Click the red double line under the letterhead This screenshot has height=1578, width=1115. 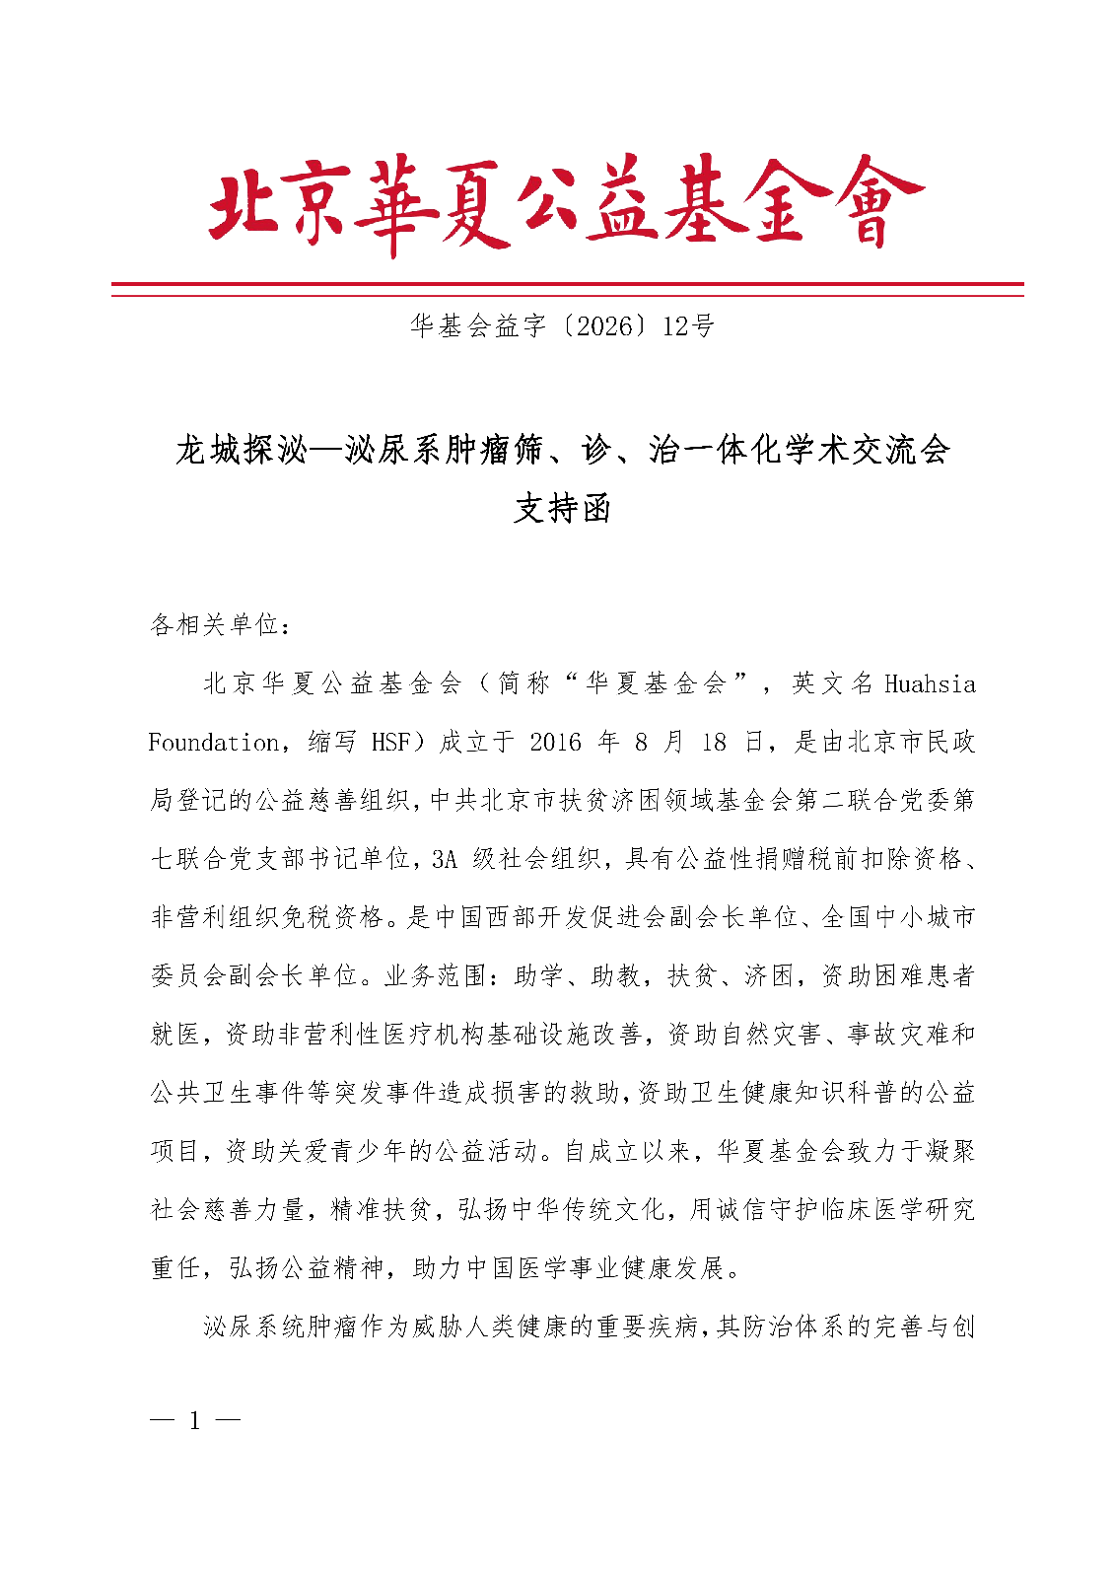pos(567,288)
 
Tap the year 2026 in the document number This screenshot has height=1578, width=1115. pos(603,326)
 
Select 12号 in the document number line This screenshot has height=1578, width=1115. pos(688,326)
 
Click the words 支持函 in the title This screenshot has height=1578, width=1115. pos(563,509)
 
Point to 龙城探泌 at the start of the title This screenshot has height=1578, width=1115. pos(241,451)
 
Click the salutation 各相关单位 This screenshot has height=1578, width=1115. pos(215,624)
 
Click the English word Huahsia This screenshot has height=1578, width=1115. pos(930,683)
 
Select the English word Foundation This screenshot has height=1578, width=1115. pos(213,742)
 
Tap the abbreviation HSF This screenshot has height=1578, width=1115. pos(390,742)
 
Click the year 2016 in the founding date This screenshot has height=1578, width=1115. pos(556,742)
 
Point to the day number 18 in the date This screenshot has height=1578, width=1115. pos(714,742)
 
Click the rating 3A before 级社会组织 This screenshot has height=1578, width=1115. pos(445,859)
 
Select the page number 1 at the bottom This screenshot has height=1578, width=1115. pos(194,1420)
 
